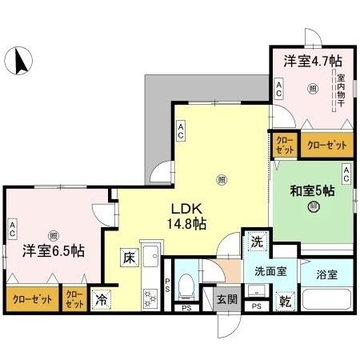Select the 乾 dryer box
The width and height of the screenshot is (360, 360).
tap(285, 302)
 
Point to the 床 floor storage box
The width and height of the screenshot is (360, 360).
tap(128, 258)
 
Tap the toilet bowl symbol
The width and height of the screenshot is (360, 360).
tap(186, 283)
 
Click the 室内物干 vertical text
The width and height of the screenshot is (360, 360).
tap(341, 90)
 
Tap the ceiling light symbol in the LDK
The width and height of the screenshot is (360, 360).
tap(221, 178)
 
